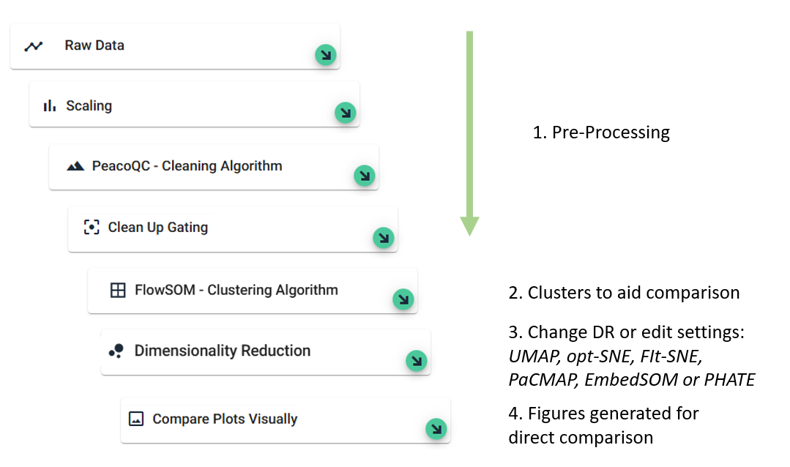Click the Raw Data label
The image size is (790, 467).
click(94, 45)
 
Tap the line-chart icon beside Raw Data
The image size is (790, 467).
click(34, 46)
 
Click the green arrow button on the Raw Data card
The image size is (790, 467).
click(326, 54)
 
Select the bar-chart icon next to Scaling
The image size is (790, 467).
click(49, 106)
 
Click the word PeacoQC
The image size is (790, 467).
click(121, 165)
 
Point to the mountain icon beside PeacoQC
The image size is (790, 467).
click(75, 165)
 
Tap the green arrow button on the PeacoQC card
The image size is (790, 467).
click(365, 176)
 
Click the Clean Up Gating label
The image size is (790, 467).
click(157, 227)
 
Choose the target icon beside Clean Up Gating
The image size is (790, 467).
click(92, 227)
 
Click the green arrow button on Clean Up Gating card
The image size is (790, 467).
click(384, 238)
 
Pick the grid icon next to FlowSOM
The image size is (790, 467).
click(118, 290)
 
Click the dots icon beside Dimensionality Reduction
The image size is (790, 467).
click(116, 351)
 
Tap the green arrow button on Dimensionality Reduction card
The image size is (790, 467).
click(416, 361)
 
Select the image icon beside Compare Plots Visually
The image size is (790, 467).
click(136, 419)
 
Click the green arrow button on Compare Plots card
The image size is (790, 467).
click(436, 429)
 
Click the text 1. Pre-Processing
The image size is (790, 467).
click(601, 132)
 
